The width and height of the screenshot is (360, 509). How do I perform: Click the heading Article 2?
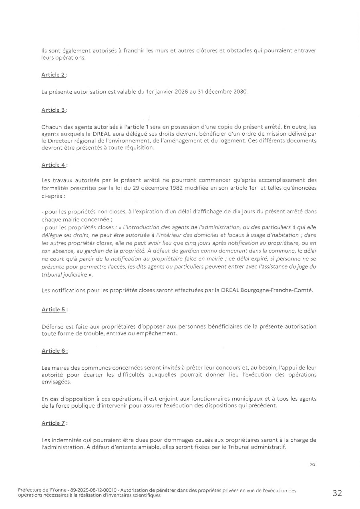[x=54, y=75]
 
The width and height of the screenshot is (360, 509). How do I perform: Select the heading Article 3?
[x=54, y=110]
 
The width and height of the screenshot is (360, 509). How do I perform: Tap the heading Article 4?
[x=54, y=164]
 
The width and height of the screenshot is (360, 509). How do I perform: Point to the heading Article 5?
[x=54, y=309]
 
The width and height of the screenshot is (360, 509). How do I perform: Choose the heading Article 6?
[x=54, y=351]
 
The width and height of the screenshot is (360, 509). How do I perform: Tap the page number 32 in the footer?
[x=337, y=493]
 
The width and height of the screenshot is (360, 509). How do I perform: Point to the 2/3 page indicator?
[x=312, y=466]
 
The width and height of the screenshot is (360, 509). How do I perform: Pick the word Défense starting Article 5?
[x=52, y=327]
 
